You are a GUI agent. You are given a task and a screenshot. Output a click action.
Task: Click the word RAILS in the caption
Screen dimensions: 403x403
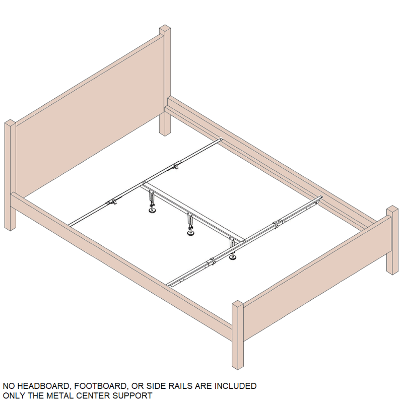180,386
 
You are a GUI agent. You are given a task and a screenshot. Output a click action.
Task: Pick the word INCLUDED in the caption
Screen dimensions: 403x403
235,386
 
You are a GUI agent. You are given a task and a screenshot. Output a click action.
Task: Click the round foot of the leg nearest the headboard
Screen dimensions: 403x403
152,211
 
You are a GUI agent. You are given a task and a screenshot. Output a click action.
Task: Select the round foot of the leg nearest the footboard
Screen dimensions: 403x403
233,257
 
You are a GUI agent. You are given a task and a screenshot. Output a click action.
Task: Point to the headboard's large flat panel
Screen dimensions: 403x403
90,116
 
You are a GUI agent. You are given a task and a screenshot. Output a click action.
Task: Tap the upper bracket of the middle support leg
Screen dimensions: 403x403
190,219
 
